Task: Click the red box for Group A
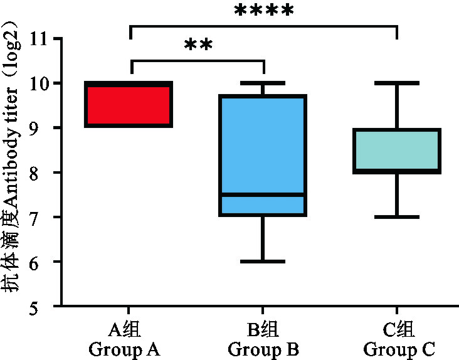129,104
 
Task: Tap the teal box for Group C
396,151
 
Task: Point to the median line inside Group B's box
263,194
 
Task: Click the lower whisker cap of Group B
263,261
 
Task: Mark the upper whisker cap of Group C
396,83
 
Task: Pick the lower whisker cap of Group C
396,216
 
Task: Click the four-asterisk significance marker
263,11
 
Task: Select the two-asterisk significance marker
199,46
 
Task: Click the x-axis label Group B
263,349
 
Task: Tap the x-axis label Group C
399,349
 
